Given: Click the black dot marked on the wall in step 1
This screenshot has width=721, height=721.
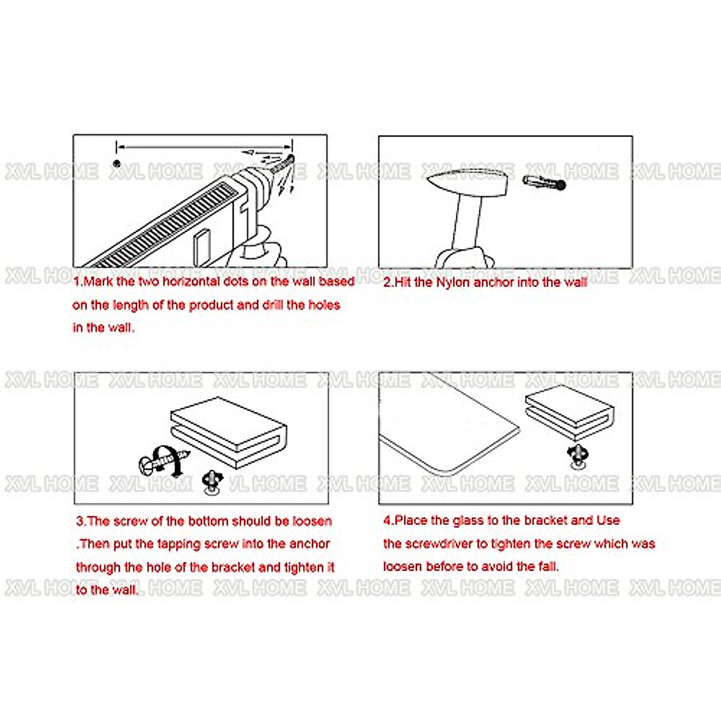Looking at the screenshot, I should pos(117,163).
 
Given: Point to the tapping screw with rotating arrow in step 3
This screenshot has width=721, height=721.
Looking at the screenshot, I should pos(163,460).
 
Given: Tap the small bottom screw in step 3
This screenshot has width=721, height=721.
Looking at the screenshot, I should pos(212,481).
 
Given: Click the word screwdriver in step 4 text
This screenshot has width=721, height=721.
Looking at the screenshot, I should pos(439,544).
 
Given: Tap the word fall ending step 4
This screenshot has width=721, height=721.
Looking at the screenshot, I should pos(548,566).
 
